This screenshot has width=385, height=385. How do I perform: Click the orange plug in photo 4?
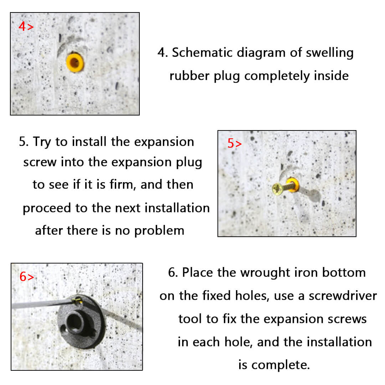[75, 63]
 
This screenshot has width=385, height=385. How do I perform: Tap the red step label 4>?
[26, 26]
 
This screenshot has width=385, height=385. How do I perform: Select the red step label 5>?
[235, 143]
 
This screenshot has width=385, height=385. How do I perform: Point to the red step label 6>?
[26, 277]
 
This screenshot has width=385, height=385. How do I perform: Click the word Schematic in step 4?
[202, 52]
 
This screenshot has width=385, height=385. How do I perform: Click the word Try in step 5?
[42, 142]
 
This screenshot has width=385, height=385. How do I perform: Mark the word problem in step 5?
[159, 231]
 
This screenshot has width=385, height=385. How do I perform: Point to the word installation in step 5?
[177, 208]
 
